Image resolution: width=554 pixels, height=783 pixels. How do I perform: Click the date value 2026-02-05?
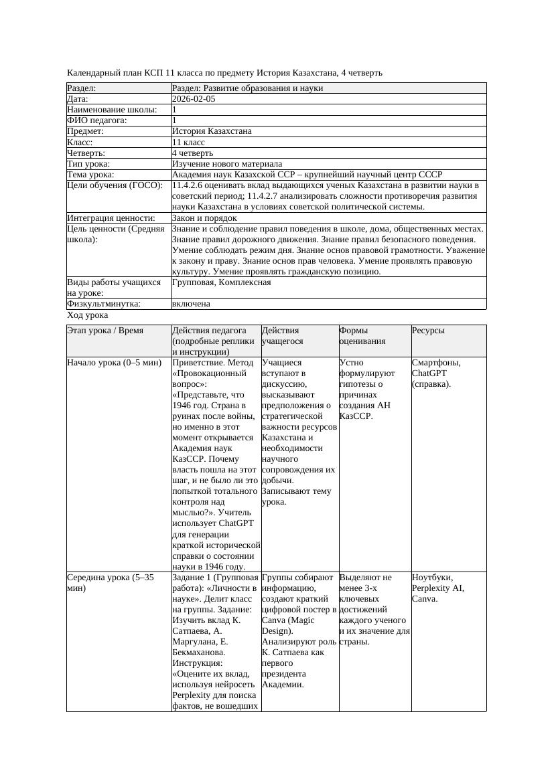[194, 99]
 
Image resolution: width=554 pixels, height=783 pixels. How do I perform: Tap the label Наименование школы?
[112, 110]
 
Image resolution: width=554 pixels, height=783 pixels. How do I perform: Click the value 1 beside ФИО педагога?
[175, 120]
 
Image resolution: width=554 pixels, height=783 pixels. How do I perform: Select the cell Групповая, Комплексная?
[221, 282]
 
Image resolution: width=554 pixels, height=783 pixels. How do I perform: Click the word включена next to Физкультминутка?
[191, 304]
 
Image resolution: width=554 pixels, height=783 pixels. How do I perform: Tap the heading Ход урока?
[88, 315]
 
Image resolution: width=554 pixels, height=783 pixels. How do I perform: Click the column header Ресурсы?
[428, 331]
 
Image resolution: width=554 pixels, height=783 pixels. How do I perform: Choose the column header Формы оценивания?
[362, 336]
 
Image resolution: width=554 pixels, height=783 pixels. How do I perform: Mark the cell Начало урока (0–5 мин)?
[114, 363]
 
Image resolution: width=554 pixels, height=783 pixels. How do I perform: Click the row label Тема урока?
[91, 175]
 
